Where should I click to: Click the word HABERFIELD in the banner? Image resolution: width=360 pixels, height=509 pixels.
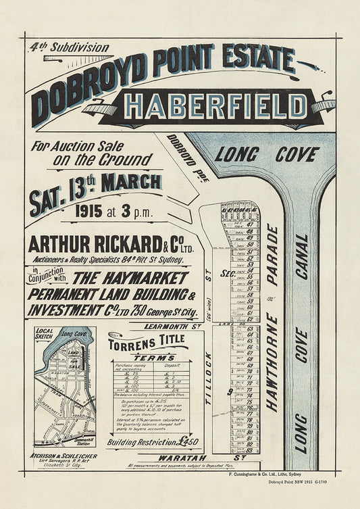216,107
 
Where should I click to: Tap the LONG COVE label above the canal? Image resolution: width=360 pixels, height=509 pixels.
267,154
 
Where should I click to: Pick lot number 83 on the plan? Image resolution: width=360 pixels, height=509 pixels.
249,450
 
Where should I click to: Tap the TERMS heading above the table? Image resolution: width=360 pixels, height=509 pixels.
149,357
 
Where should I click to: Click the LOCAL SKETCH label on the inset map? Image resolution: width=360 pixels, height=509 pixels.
44,334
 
